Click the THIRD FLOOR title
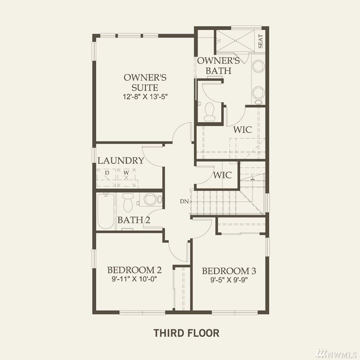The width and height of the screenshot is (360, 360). point(186,333)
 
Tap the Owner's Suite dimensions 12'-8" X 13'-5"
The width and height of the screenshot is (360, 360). point(145,96)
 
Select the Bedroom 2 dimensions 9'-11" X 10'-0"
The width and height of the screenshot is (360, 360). point(134,279)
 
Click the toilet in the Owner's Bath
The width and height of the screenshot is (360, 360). point(210,112)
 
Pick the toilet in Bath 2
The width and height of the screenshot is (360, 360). point(128,202)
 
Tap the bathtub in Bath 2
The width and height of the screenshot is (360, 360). point(106,211)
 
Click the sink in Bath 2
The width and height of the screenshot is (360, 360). point(150,199)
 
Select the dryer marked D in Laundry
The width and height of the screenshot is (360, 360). point(106,177)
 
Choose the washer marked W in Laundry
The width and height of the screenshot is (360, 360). point(126,177)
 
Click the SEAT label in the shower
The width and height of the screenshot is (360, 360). point(261,41)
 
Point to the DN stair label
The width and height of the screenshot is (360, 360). point(184,201)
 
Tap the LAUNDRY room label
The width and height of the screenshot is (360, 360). point(121,160)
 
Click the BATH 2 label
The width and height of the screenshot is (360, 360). point(134,220)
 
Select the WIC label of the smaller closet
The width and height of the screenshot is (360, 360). point(222,175)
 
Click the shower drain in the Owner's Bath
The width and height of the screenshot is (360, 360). point(235,40)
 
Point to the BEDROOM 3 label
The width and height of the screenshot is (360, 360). point(229,271)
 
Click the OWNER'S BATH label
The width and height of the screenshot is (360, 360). point(218,65)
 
